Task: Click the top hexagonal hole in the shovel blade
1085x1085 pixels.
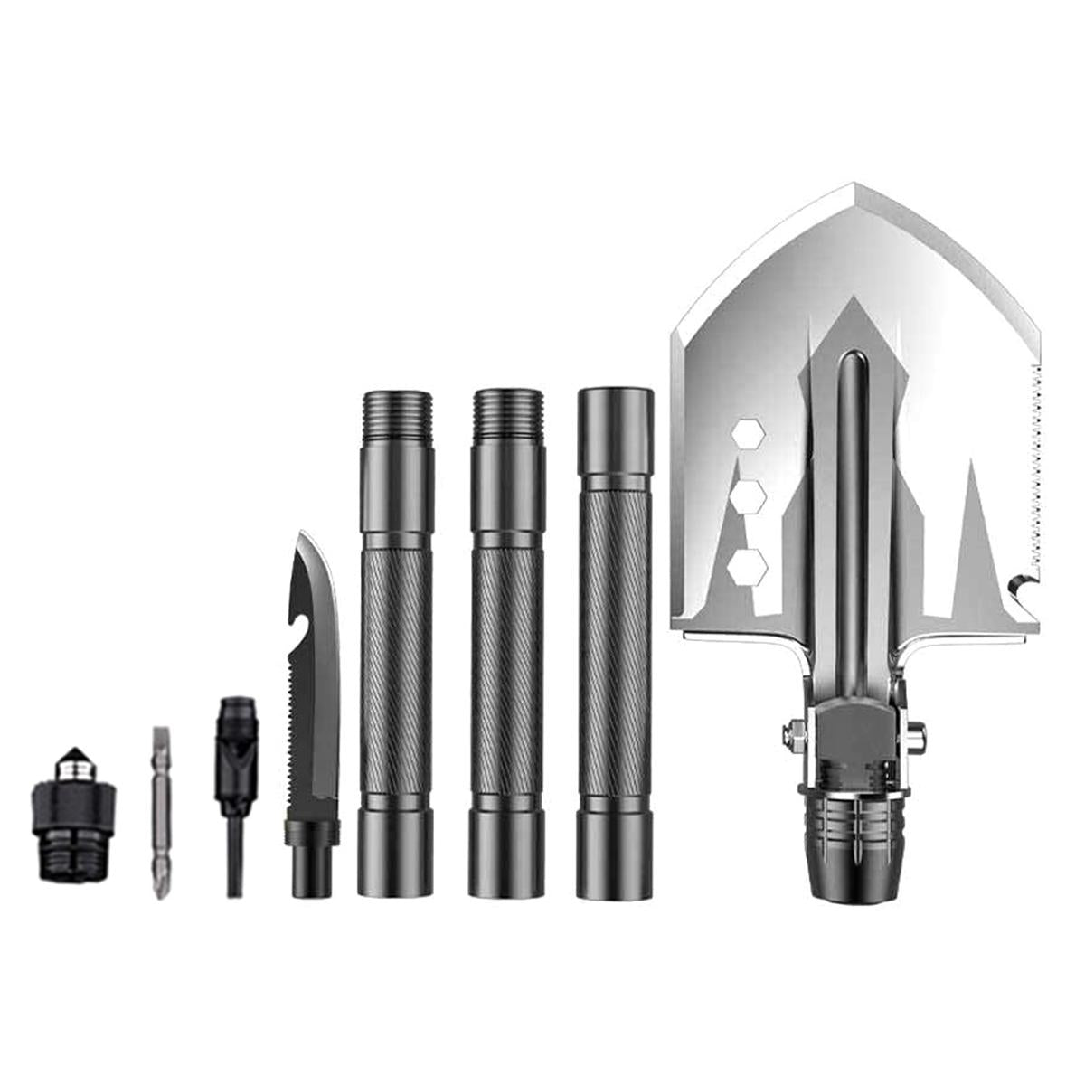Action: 746,434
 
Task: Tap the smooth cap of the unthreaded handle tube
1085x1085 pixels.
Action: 615,407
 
